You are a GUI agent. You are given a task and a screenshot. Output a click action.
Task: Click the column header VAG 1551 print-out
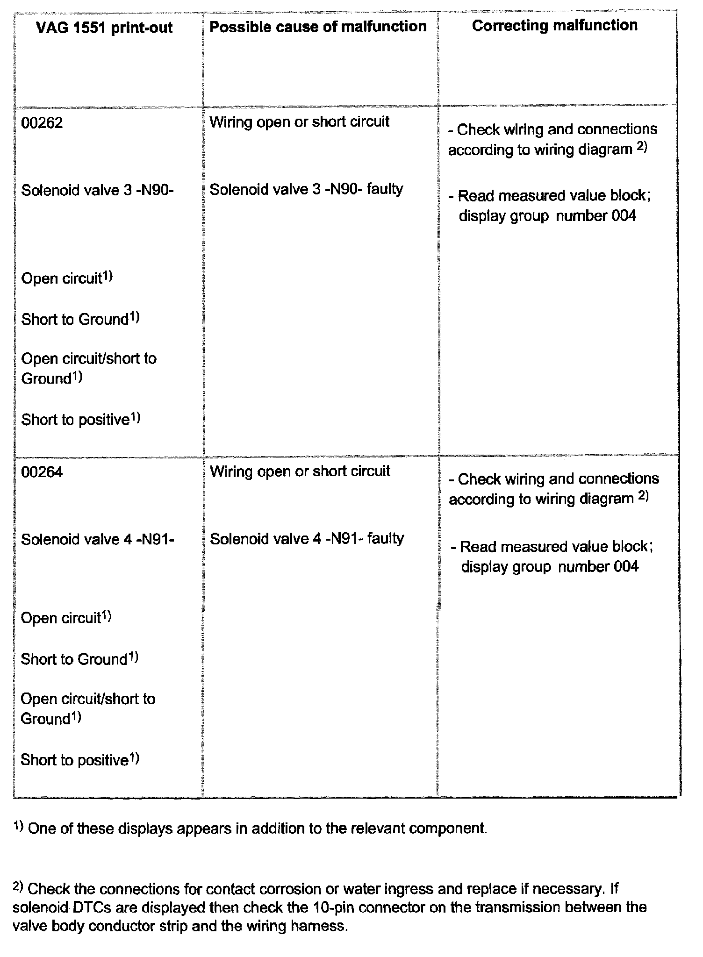(104, 28)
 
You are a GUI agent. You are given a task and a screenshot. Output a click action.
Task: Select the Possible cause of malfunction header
(318, 27)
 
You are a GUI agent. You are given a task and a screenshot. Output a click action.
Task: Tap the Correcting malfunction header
(554, 25)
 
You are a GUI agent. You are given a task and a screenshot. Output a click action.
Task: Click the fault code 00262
(42, 123)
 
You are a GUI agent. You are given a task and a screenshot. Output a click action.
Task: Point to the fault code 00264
(42, 472)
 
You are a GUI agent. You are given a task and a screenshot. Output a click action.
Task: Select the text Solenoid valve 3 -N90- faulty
(306, 189)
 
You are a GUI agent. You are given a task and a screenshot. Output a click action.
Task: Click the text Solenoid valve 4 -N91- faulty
(307, 539)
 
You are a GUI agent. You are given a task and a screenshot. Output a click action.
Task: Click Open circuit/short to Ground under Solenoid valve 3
(89, 368)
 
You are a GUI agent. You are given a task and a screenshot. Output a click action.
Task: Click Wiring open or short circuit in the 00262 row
(299, 122)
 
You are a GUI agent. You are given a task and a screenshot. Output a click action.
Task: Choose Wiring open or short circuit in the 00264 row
(300, 471)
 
